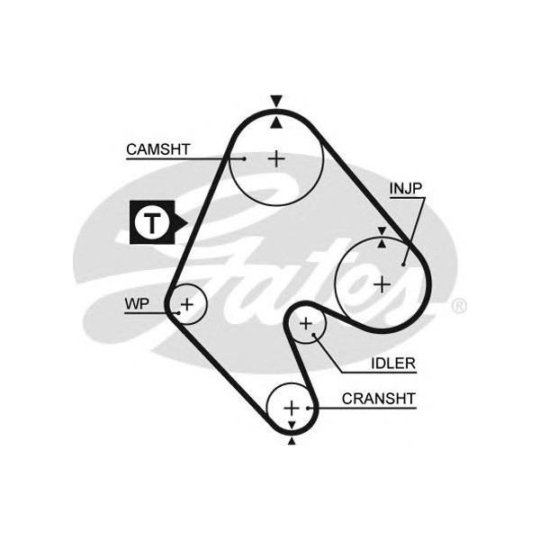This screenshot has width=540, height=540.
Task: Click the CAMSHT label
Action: coord(157,149)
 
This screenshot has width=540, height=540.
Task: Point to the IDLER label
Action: coord(393,364)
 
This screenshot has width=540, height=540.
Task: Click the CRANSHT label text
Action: coord(378,398)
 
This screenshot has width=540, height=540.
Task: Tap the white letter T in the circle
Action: coord(153,223)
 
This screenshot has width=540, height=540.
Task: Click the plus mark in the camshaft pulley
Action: coord(276,159)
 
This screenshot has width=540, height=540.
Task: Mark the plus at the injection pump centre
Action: coord(382,284)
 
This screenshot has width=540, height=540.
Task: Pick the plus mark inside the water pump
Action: coord(186,304)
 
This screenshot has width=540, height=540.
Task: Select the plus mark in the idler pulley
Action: coord(306,322)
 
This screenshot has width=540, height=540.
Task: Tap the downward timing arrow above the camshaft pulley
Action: coord(276,101)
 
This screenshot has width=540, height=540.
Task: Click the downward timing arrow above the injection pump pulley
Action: coord(382,231)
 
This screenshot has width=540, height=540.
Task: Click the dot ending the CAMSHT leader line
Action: coord(244,159)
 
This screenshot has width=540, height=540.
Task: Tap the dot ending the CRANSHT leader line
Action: coord(311,408)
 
